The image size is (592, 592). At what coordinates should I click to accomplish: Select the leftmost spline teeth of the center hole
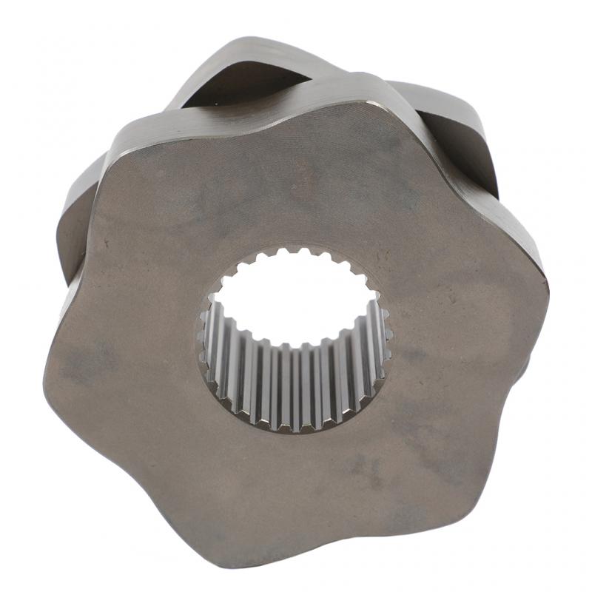pyautogui.click(x=203, y=337)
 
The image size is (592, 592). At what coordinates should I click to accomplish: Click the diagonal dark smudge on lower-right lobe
pyautogui.click(x=437, y=444)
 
